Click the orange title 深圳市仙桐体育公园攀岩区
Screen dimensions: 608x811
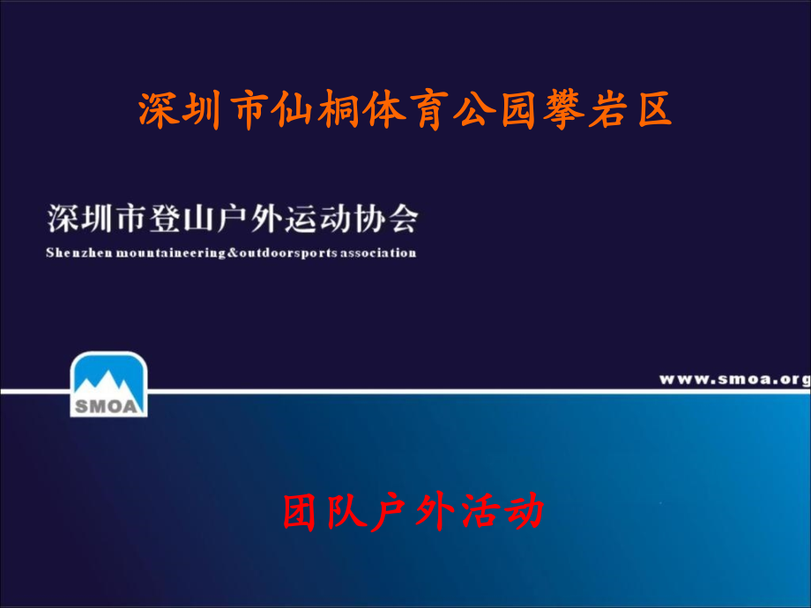(405, 111)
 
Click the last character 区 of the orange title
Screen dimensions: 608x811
(652, 111)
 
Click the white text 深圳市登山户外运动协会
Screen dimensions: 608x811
(232, 218)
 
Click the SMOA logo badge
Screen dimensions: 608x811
(108, 384)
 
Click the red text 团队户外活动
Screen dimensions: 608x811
(413, 511)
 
